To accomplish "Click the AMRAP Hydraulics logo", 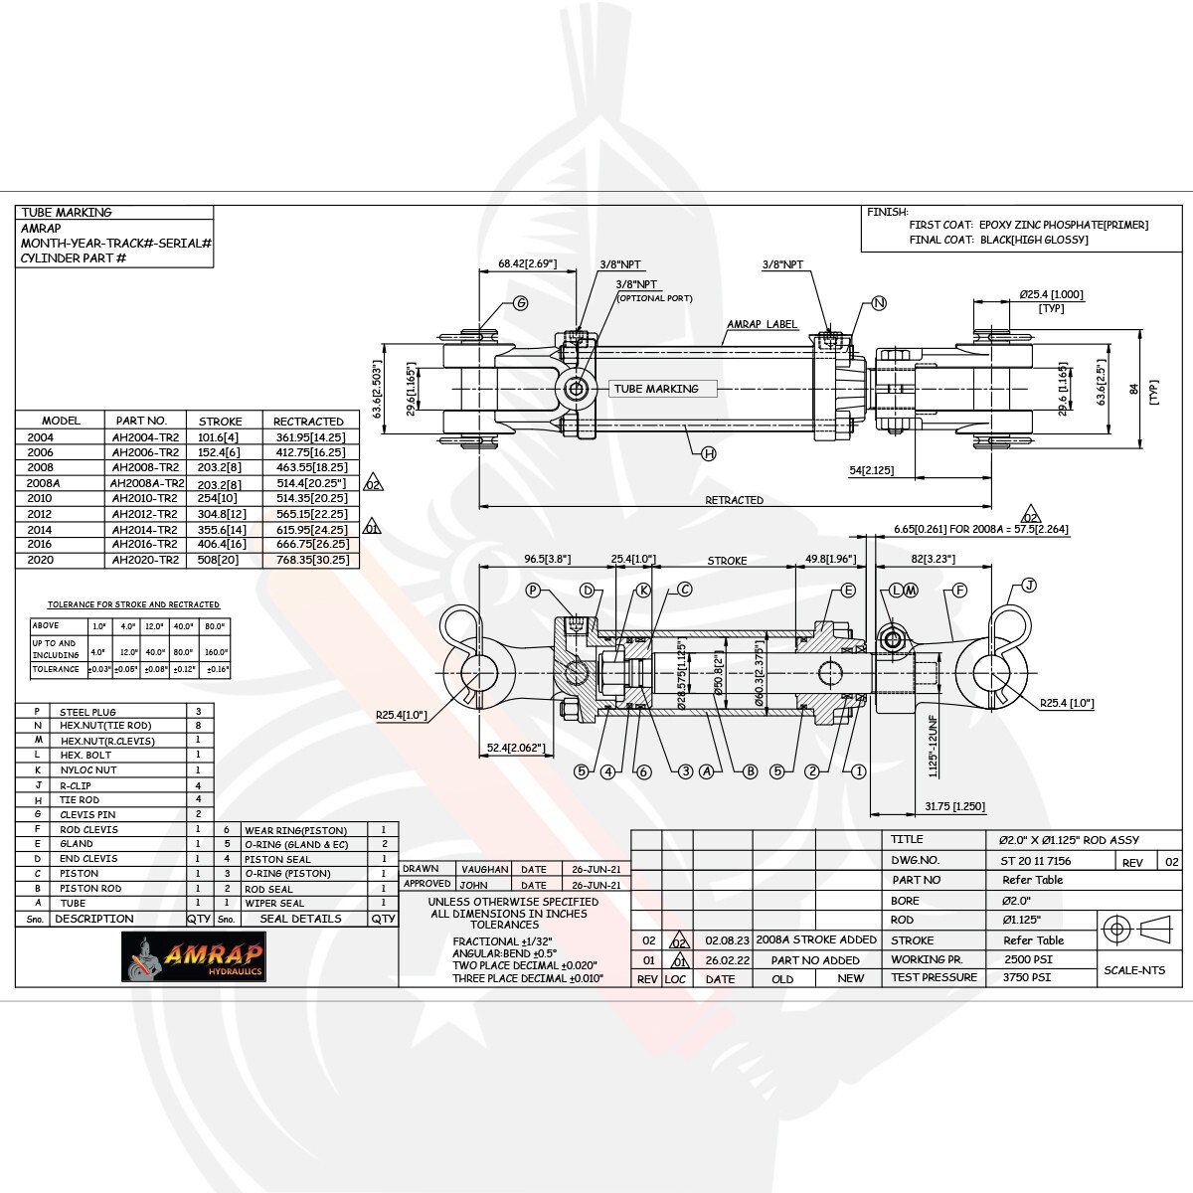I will (x=195, y=957).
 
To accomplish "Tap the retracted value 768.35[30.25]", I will (x=310, y=560).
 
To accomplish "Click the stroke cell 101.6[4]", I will (x=219, y=436).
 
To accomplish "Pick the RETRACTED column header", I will (x=308, y=422).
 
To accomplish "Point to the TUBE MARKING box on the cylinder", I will (x=656, y=389).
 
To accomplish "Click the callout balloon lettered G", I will (x=520, y=304).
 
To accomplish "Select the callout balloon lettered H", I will (x=709, y=453).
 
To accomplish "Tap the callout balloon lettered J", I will (x=1029, y=586).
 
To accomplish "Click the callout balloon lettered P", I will (x=533, y=591).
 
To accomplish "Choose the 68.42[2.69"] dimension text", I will (x=527, y=264).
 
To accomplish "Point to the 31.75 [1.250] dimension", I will (x=954, y=806).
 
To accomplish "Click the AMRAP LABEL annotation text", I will (x=763, y=324).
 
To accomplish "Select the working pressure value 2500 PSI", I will (x=1028, y=959).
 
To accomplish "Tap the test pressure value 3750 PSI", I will (x=1026, y=977).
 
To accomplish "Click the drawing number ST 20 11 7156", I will (x=1035, y=861).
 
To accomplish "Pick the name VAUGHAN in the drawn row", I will (x=484, y=869).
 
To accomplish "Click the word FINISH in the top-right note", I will (x=887, y=212).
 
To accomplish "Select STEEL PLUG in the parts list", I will (x=87, y=712).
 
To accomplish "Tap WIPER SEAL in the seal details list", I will (x=273, y=903).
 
